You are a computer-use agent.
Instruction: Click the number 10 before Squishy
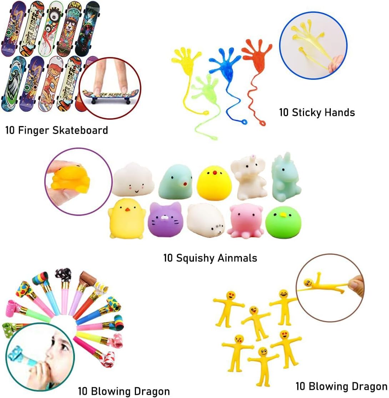click(168, 258)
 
